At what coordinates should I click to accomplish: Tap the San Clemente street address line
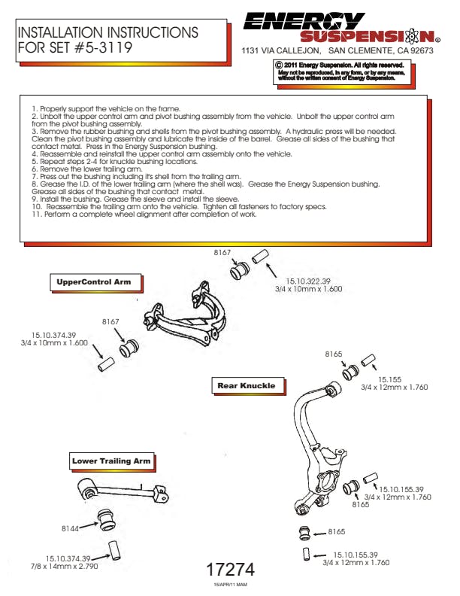(x=337, y=51)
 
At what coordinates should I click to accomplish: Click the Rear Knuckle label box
(x=246, y=386)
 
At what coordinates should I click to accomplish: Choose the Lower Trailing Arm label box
(x=111, y=461)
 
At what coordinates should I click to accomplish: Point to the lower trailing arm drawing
(x=123, y=491)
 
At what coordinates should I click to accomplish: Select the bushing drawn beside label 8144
(x=107, y=518)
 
